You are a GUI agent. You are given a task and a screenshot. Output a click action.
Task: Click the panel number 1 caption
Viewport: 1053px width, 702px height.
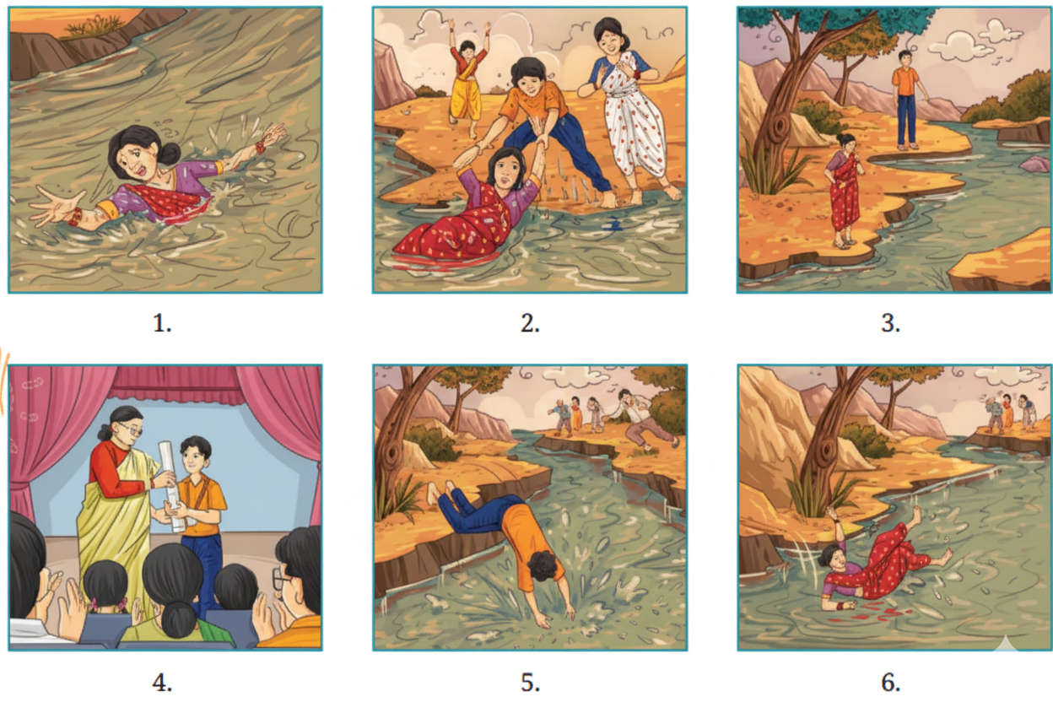click(x=165, y=323)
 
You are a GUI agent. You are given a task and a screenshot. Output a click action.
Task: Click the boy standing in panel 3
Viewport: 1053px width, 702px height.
click(x=906, y=97)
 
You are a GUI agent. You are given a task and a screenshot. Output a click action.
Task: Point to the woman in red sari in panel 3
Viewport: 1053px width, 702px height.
click(x=844, y=190)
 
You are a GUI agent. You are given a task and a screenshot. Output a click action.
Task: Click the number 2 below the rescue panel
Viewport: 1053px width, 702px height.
click(x=529, y=323)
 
